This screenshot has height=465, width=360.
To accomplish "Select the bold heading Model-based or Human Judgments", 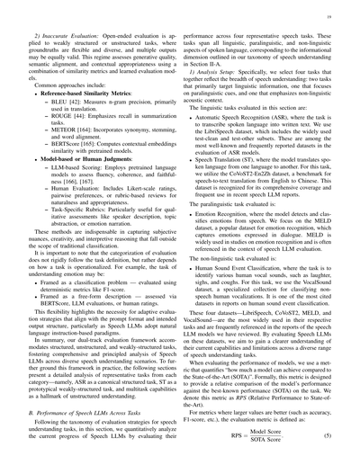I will pos(94,187).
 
